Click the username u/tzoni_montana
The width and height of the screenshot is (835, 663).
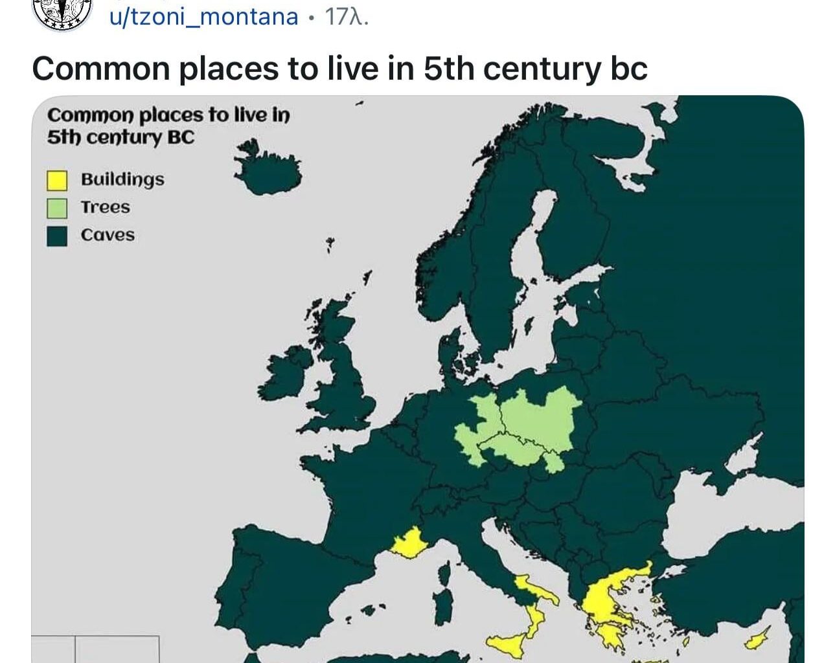click(x=203, y=16)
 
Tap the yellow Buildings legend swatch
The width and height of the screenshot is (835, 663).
click(x=57, y=180)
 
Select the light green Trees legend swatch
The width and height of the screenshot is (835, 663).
click(x=57, y=208)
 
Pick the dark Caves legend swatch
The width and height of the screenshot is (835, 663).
click(x=57, y=236)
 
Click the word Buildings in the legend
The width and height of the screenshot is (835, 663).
click(x=122, y=179)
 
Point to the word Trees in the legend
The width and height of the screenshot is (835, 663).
click(x=105, y=207)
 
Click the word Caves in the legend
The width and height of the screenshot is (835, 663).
click(x=108, y=235)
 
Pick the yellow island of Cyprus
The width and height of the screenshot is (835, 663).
click(x=755, y=639)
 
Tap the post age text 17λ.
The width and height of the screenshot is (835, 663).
click(x=346, y=16)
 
